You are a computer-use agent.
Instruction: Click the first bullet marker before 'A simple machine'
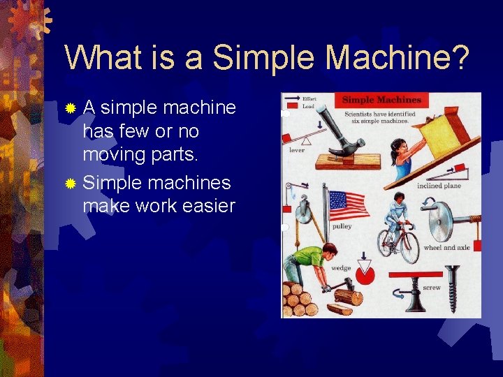(x=70, y=108)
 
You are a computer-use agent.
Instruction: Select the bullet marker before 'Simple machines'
(x=70, y=184)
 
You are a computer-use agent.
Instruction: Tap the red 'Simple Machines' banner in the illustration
(x=381, y=100)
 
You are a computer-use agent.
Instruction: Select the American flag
(x=349, y=205)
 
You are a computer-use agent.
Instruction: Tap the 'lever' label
(x=297, y=150)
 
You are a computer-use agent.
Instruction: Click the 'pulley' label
(x=342, y=227)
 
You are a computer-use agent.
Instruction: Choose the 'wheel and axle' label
(x=446, y=248)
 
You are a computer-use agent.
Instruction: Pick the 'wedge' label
(x=341, y=268)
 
